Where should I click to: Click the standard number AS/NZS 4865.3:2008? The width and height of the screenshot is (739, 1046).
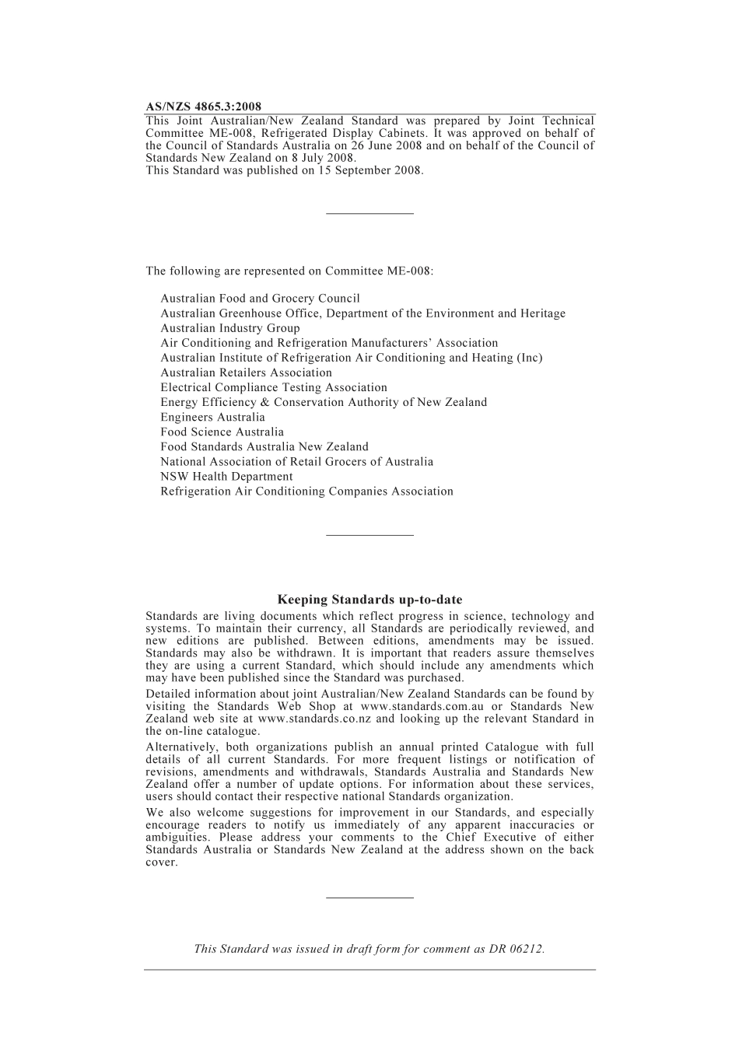pyautogui.click(x=203, y=107)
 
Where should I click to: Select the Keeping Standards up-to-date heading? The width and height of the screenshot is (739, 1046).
pyautogui.click(x=369, y=600)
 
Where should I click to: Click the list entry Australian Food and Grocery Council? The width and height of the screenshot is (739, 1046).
pyautogui.click(x=260, y=299)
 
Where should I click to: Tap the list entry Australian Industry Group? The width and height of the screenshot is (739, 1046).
pyautogui.click(x=229, y=328)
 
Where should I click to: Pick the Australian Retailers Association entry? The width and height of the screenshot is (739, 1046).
pyautogui.click(x=246, y=373)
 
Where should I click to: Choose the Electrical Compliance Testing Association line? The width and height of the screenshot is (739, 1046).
pyautogui.click(x=273, y=387)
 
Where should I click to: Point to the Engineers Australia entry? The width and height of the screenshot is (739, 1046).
pyautogui.click(x=212, y=417)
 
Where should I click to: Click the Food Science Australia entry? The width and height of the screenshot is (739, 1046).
pyautogui.click(x=222, y=432)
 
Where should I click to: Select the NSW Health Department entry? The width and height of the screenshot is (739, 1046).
pyautogui.click(x=226, y=476)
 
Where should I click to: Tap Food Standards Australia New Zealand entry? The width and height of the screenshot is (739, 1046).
pyautogui.click(x=264, y=446)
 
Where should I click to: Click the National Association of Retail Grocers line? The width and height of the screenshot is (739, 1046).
pyautogui.click(x=296, y=461)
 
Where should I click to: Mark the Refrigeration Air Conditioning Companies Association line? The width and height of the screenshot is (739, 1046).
pyautogui.click(x=306, y=492)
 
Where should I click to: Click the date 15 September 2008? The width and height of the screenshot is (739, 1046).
pyautogui.click(x=369, y=170)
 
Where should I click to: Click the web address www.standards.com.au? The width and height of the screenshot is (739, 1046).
pyautogui.click(x=422, y=707)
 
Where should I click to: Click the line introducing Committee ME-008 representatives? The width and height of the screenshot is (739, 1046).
pyautogui.click(x=289, y=271)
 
